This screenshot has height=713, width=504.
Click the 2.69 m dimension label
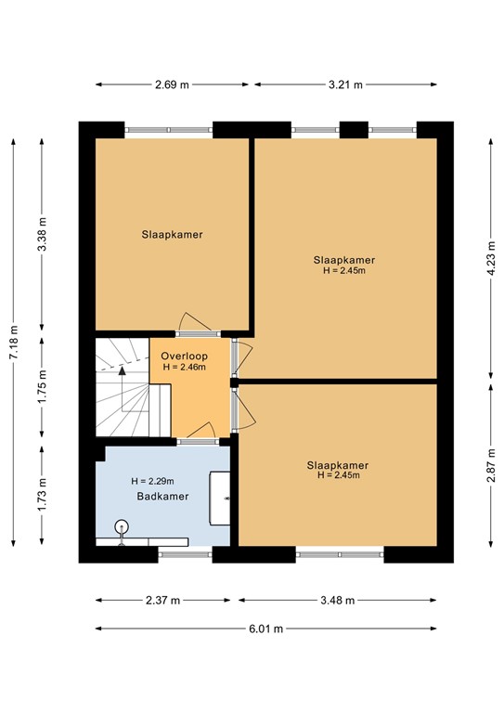pyautogui.click(x=172, y=84)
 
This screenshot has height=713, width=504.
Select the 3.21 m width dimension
pyautogui.click(x=345, y=84)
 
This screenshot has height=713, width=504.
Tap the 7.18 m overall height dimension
pyautogui.click(x=14, y=342)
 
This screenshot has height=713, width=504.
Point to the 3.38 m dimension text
pyautogui.click(x=42, y=234)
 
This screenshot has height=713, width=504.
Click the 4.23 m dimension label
pyautogui.click(x=491, y=258)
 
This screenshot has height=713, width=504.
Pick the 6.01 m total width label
pyautogui.click(x=265, y=629)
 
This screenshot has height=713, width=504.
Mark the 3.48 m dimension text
pyautogui.click(x=337, y=601)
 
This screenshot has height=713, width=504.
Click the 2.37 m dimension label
pyautogui.click(x=162, y=601)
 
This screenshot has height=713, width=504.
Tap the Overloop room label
pyautogui.click(x=184, y=356)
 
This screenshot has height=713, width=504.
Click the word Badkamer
pyautogui.click(x=162, y=496)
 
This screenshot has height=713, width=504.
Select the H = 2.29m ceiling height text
pyautogui.click(x=153, y=481)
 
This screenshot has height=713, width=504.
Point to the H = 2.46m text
pyautogui.click(x=184, y=367)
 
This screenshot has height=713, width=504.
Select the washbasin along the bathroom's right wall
pyautogui.click(x=219, y=499)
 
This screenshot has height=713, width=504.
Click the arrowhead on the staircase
pyautogui.click(x=122, y=370)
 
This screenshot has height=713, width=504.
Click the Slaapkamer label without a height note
pyautogui.click(x=172, y=235)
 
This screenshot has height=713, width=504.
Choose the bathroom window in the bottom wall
pyautogui.click(x=185, y=554)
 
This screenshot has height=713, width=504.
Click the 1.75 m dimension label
pyautogui.click(x=42, y=386)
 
